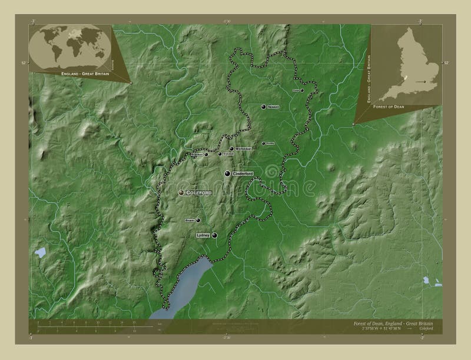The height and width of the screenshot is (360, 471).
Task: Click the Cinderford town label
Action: (243, 174)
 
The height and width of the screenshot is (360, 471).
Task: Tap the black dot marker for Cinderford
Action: (227, 174)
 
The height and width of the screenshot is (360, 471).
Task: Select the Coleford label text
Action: (198, 192)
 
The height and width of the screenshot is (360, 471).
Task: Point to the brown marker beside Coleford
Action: (181, 192)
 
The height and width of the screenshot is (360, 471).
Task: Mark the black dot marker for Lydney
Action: (214, 235)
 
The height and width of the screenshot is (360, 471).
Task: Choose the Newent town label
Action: (273, 107)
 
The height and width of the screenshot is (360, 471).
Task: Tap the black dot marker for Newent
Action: (263, 107)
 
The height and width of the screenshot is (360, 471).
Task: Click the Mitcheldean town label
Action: (244, 149)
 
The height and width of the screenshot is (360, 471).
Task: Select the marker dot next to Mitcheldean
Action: (232, 149)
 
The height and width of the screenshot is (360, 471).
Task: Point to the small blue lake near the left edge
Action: (40, 252)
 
